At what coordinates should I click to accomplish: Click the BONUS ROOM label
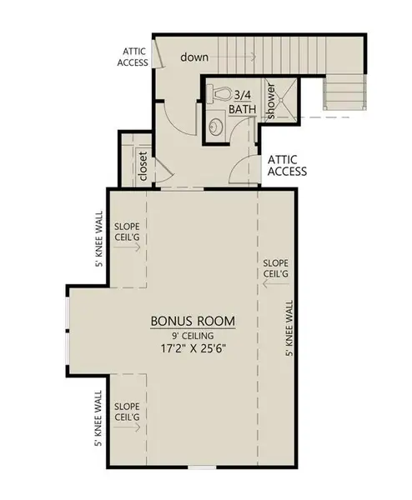(x=193, y=321)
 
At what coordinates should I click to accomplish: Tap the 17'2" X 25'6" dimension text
(x=193, y=350)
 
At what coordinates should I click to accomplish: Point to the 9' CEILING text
(x=193, y=335)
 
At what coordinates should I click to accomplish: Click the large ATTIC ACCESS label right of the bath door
(x=286, y=165)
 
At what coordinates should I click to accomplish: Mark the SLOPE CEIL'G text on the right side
(x=275, y=267)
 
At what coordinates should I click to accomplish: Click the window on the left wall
(x=67, y=327)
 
